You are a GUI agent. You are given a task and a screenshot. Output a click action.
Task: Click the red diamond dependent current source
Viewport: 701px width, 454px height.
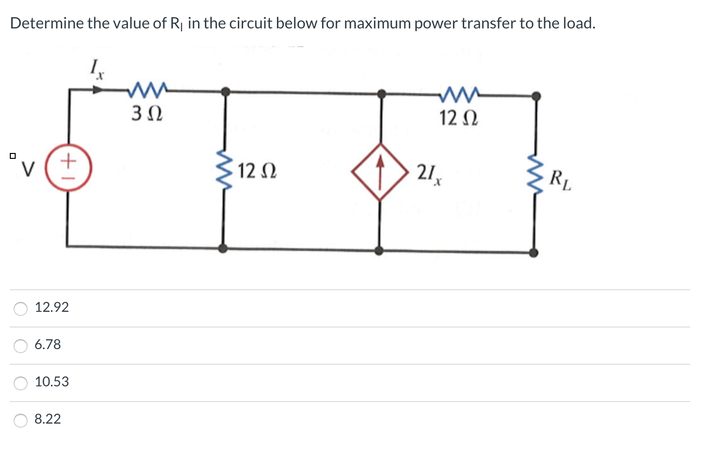380,172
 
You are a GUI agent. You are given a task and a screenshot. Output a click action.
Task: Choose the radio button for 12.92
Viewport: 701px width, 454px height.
21,308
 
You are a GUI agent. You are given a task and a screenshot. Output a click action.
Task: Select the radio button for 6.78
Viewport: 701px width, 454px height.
21,346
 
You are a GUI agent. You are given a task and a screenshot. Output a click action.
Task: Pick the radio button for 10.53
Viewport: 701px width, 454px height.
21,383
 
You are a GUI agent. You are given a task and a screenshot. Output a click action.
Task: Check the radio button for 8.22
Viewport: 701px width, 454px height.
21,420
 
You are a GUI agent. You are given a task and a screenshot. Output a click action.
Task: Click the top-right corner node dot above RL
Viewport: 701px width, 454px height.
537,95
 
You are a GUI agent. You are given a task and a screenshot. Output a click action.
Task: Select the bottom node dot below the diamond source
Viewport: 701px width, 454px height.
379,251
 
